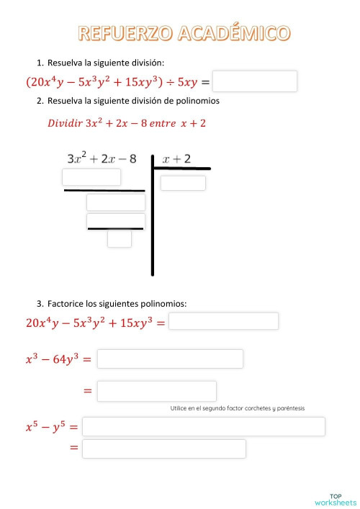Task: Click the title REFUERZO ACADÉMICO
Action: tap(184, 33)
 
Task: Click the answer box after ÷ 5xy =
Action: tap(255, 81)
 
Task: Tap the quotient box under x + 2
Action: tap(183, 183)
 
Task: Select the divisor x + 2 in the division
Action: tap(177, 158)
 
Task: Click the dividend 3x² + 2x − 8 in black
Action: tap(102, 158)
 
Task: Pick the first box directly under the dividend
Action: tap(91, 177)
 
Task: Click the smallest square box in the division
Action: tap(120, 238)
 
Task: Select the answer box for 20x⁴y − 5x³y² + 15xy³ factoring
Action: tap(223, 321)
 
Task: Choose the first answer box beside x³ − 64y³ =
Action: tap(170, 358)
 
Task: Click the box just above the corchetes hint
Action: tap(156, 391)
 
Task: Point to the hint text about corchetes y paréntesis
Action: tap(238, 408)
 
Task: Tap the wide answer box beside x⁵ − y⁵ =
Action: tap(204, 426)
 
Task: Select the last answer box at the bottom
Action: tap(163, 449)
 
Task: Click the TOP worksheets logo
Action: tap(335, 499)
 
